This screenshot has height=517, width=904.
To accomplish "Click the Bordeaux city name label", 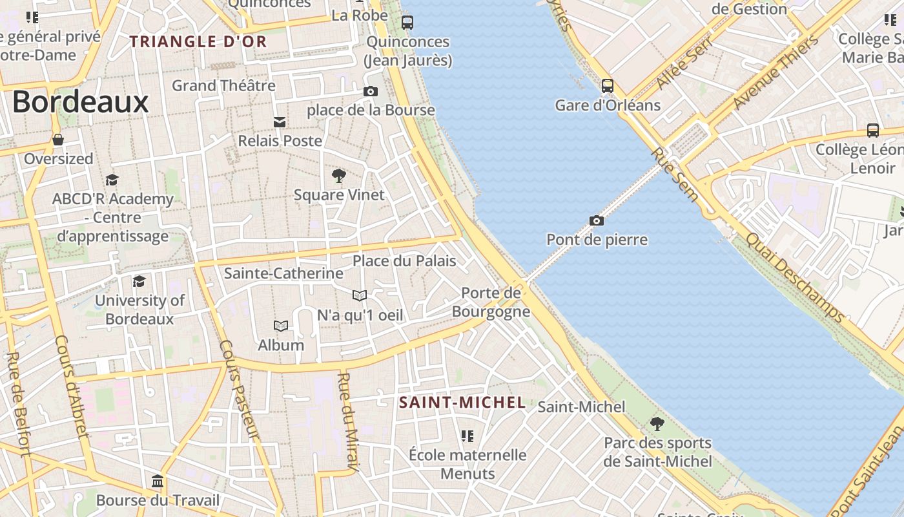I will coord(81,103).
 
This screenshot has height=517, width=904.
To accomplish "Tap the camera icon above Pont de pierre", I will coord(597,221).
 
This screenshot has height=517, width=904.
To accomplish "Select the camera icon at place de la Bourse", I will coord(371,92).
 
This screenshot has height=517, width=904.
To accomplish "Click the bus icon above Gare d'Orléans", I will coord(607,86).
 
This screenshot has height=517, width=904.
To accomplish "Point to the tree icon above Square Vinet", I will coord(338,175).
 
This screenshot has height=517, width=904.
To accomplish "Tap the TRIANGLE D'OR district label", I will coord(198,42).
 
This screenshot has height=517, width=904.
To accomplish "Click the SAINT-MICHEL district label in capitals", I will coord(462,403).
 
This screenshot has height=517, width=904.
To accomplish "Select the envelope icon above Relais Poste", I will coord(280,122).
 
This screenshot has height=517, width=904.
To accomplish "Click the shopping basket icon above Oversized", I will coord(58,140).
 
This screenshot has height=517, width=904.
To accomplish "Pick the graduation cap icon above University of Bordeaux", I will coord(139,281).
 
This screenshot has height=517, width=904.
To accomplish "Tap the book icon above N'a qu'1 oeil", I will coord(360,296).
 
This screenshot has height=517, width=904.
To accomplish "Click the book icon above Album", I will coord(281,326).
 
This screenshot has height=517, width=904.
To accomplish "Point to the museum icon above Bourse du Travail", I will coord(158,481).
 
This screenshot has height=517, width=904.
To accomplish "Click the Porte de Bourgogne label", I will coord(491,302).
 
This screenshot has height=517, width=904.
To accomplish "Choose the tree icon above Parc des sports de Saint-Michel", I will coord(657,424).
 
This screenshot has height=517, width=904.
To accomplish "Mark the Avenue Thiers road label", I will coord(776,72).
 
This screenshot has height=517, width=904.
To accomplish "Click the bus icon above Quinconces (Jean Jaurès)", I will coord(407,23).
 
